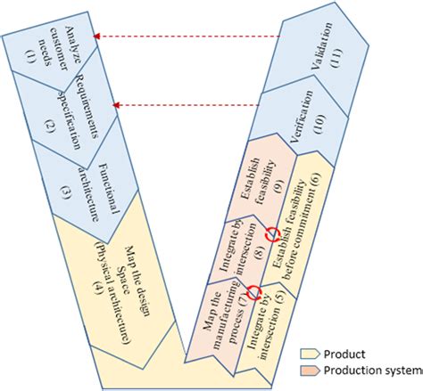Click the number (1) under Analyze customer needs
(30, 56)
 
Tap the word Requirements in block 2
(87, 106)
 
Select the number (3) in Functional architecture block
(66, 193)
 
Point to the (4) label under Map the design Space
(98, 286)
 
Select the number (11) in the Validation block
(336, 57)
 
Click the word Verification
(301, 117)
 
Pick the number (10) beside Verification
(319, 124)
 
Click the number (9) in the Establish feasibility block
(279, 186)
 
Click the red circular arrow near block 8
(273, 234)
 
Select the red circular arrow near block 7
(254, 292)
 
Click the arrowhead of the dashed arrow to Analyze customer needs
(96, 37)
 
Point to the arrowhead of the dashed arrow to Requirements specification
(116, 105)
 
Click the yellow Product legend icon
(310, 354)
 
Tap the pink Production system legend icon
(310, 371)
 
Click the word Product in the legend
(344, 354)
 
